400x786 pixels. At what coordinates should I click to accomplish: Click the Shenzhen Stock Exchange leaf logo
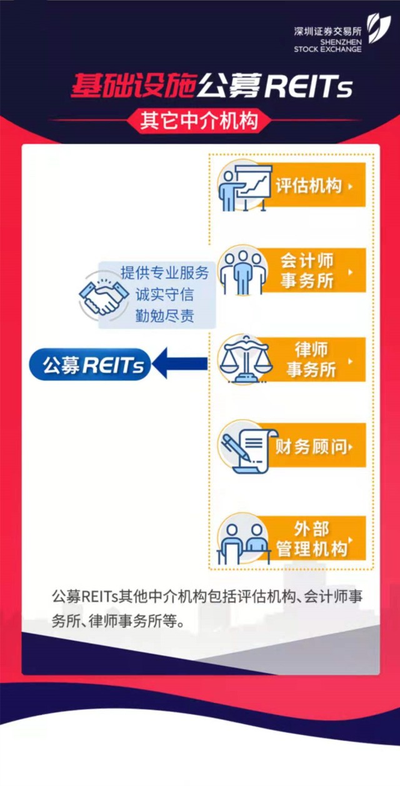pos(379,29)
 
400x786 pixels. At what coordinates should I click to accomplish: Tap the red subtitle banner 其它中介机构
pos(199,120)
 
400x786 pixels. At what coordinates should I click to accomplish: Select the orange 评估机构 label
pos(314,185)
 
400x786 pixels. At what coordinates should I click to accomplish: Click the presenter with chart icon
pos(244,188)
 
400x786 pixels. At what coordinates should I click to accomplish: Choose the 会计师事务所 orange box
pos(314,271)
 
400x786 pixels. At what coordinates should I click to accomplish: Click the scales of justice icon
pos(245,359)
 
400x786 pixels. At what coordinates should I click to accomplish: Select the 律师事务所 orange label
pos(314,360)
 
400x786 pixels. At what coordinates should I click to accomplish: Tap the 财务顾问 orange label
pos(314,445)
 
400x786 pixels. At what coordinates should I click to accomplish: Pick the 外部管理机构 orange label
pos(314,538)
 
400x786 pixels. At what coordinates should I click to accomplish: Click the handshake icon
pos(104,296)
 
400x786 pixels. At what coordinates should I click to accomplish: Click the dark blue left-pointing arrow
pos(179,363)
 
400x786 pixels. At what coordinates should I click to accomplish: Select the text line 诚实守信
pos(164,295)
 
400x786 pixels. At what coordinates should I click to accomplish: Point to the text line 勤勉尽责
pos(164,316)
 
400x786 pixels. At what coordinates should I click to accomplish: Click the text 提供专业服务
pos(164,273)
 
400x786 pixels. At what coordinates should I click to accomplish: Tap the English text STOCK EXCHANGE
pos(327,49)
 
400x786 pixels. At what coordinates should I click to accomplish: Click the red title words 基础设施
pos(133,85)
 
